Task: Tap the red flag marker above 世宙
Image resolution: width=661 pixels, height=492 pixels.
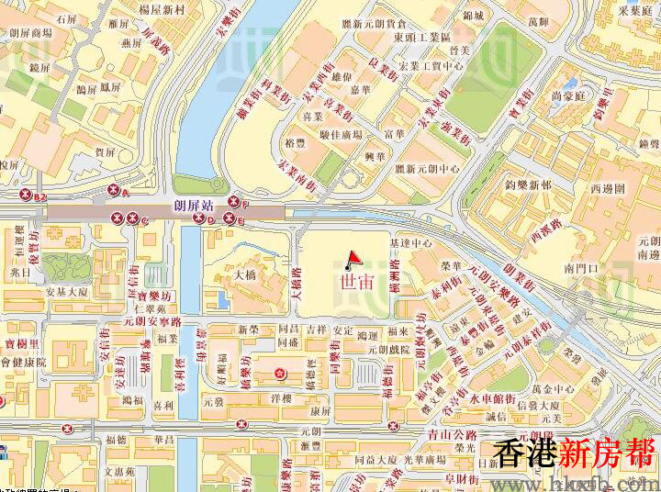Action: pyautogui.click(x=354, y=259)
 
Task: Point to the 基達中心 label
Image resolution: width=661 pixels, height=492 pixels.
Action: pyautogui.click(x=410, y=243)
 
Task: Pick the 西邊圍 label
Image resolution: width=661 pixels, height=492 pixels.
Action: pyautogui.click(x=607, y=188)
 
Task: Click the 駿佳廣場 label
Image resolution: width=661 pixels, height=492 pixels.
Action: pyautogui.click(x=341, y=135)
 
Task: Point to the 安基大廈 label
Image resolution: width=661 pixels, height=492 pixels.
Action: pyautogui.click(x=65, y=292)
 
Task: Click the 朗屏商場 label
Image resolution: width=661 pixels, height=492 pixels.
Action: pyautogui.click(x=30, y=32)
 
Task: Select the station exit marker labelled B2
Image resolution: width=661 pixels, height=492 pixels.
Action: pyautogui.click(x=28, y=195)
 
